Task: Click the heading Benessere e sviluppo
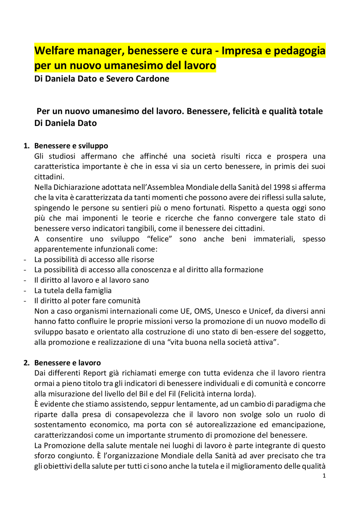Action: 71,146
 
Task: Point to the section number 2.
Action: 26,363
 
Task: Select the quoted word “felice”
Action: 159,239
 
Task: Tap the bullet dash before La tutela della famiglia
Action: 25,291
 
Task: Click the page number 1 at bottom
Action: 324,476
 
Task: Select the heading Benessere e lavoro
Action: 67,363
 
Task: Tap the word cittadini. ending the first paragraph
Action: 49,177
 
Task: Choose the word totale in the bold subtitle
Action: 310,111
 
